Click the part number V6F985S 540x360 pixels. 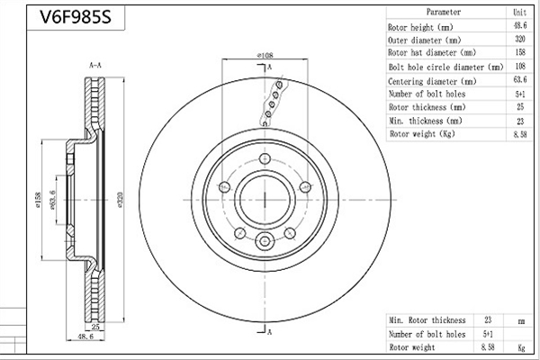76,16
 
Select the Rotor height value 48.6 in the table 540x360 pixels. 520,26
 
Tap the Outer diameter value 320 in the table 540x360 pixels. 520,39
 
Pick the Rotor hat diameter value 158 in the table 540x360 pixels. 520,52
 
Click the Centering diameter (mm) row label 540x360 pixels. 432,81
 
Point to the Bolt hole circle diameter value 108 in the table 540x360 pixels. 520,66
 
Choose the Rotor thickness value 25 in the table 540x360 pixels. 520,107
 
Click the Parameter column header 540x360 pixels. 443,12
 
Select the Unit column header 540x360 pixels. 519,13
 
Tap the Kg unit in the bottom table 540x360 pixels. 521,348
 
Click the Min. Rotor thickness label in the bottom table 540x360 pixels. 427,320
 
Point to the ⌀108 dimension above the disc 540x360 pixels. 265,55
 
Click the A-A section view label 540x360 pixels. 95,65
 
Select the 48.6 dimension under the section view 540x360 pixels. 85,337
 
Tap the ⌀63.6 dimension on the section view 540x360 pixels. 53,200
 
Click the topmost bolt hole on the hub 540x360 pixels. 265,158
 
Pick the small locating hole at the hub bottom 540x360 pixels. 265,241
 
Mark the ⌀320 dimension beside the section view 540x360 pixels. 120,200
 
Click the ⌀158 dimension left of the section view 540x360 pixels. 38,200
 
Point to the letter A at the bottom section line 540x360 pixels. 270,332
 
